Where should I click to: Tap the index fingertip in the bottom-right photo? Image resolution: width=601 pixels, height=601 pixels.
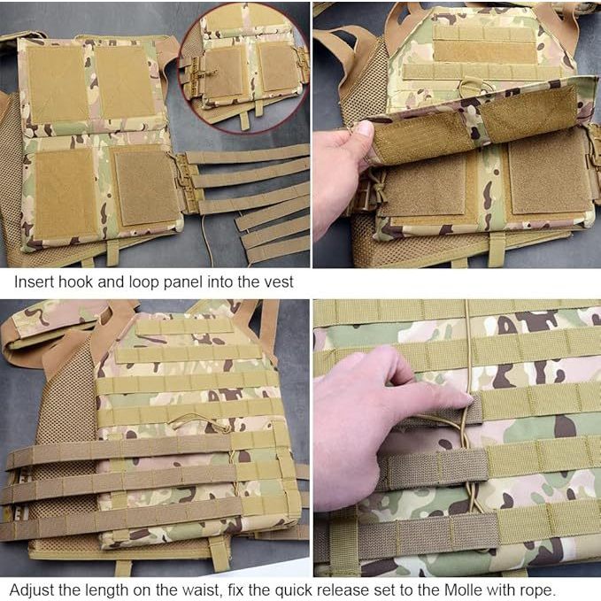[x=466, y=401]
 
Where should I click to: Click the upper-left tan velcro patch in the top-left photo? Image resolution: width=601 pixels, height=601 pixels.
[x=58, y=83]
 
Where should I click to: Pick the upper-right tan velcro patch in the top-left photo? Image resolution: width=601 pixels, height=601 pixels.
[x=125, y=81]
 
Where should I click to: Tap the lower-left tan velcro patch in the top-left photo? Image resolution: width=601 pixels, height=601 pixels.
[x=65, y=193]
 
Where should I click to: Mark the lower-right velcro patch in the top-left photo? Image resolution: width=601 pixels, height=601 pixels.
[x=147, y=187]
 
